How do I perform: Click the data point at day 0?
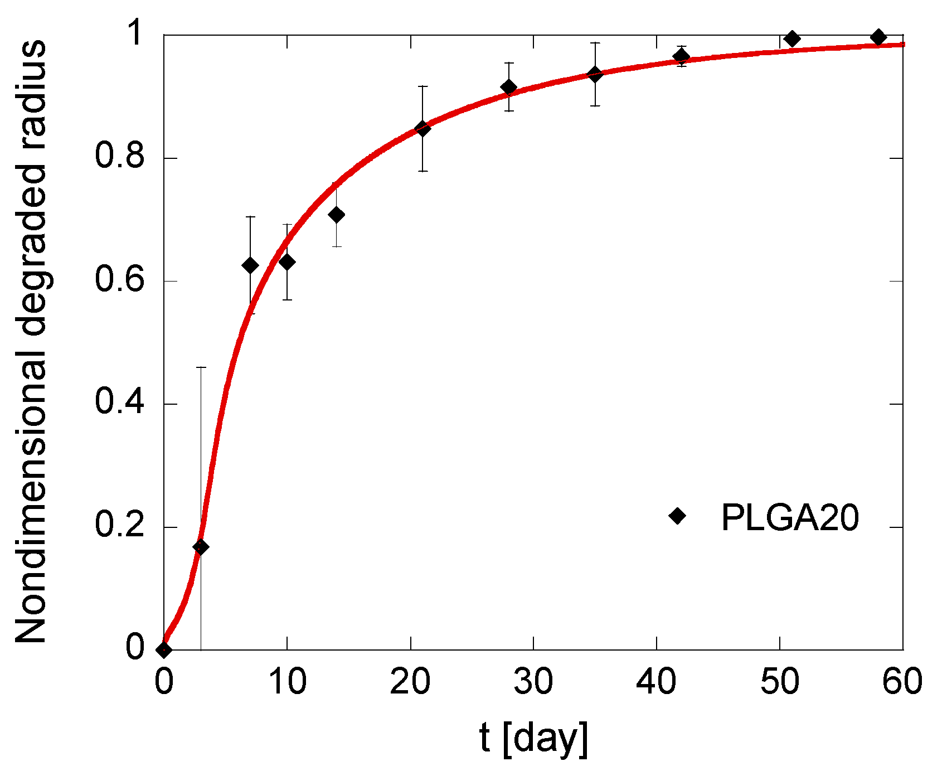(164, 649)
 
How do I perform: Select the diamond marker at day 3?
(201, 547)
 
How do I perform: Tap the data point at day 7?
(250, 265)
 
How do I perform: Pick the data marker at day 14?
(336, 215)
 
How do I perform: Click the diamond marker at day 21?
(422, 129)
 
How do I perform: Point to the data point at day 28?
(509, 87)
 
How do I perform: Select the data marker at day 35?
(595, 74)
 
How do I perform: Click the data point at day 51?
(792, 38)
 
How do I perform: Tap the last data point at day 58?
(878, 37)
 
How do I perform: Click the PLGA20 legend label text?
(790, 518)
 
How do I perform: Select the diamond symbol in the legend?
(677, 516)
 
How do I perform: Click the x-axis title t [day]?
(533, 739)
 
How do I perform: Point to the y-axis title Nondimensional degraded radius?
(31, 341)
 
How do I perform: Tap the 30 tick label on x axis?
(533, 681)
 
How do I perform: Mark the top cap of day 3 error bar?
(201, 367)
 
